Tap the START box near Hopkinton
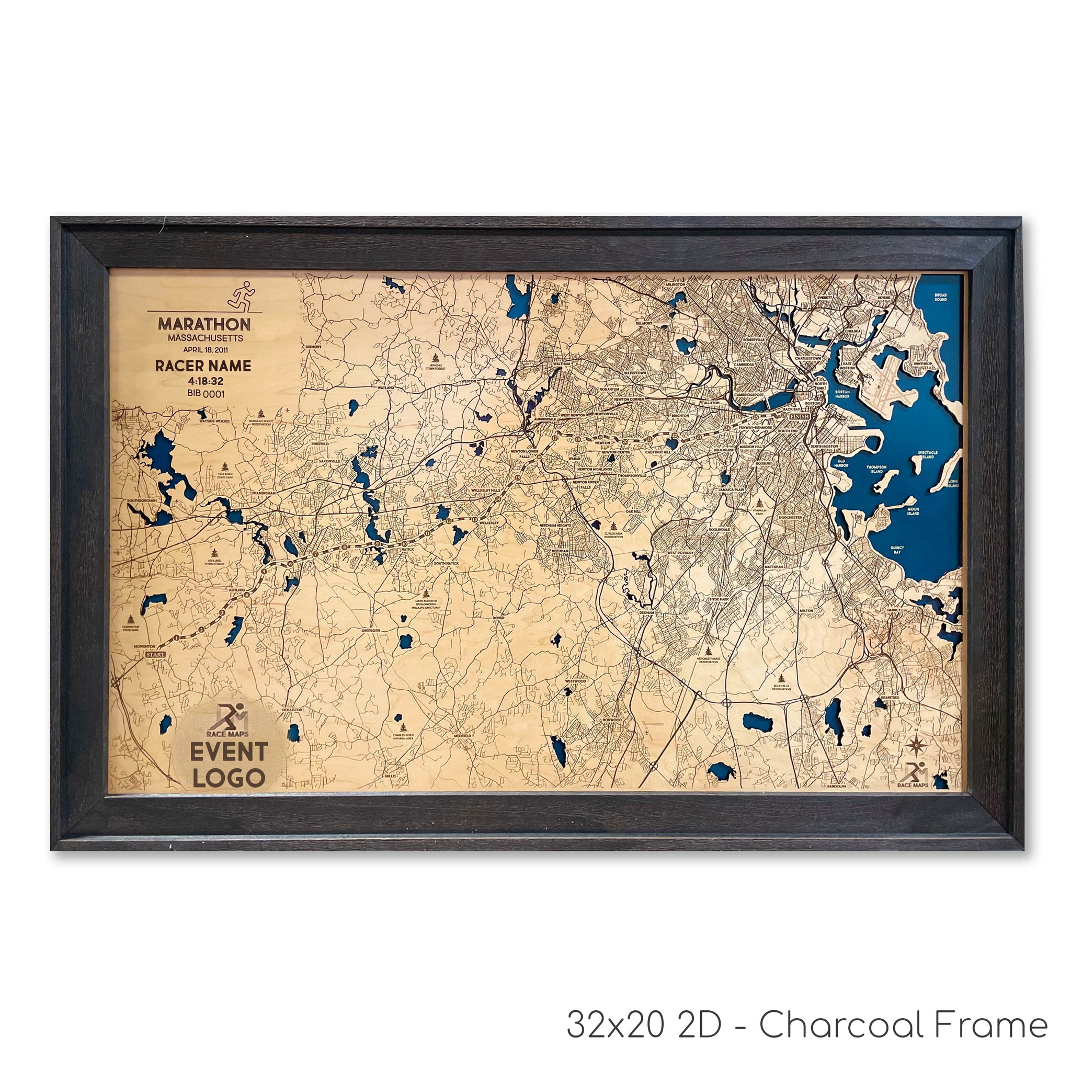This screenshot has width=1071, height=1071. tap(155, 655)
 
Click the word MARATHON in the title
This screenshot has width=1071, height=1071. tap(204, 324)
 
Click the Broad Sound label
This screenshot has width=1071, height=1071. tap(940, 297)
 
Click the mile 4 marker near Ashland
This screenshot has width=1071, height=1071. tap(246, 596)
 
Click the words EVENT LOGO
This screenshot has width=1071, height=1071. tap(229, 765)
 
